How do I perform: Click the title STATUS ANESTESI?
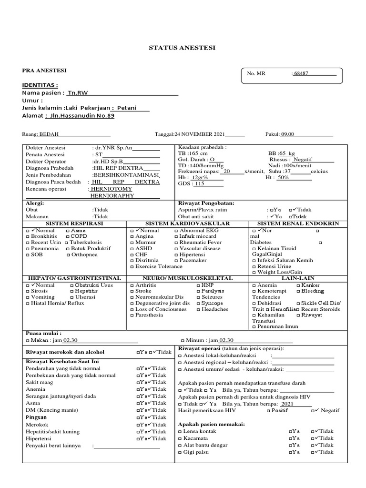point(183,48)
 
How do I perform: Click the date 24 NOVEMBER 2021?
point(199,134)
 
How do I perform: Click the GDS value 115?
point(200,183)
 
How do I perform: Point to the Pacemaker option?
point(193,260)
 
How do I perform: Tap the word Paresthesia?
point(149,315)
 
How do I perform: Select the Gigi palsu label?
point(196,452)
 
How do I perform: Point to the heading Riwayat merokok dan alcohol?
point(64,352)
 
